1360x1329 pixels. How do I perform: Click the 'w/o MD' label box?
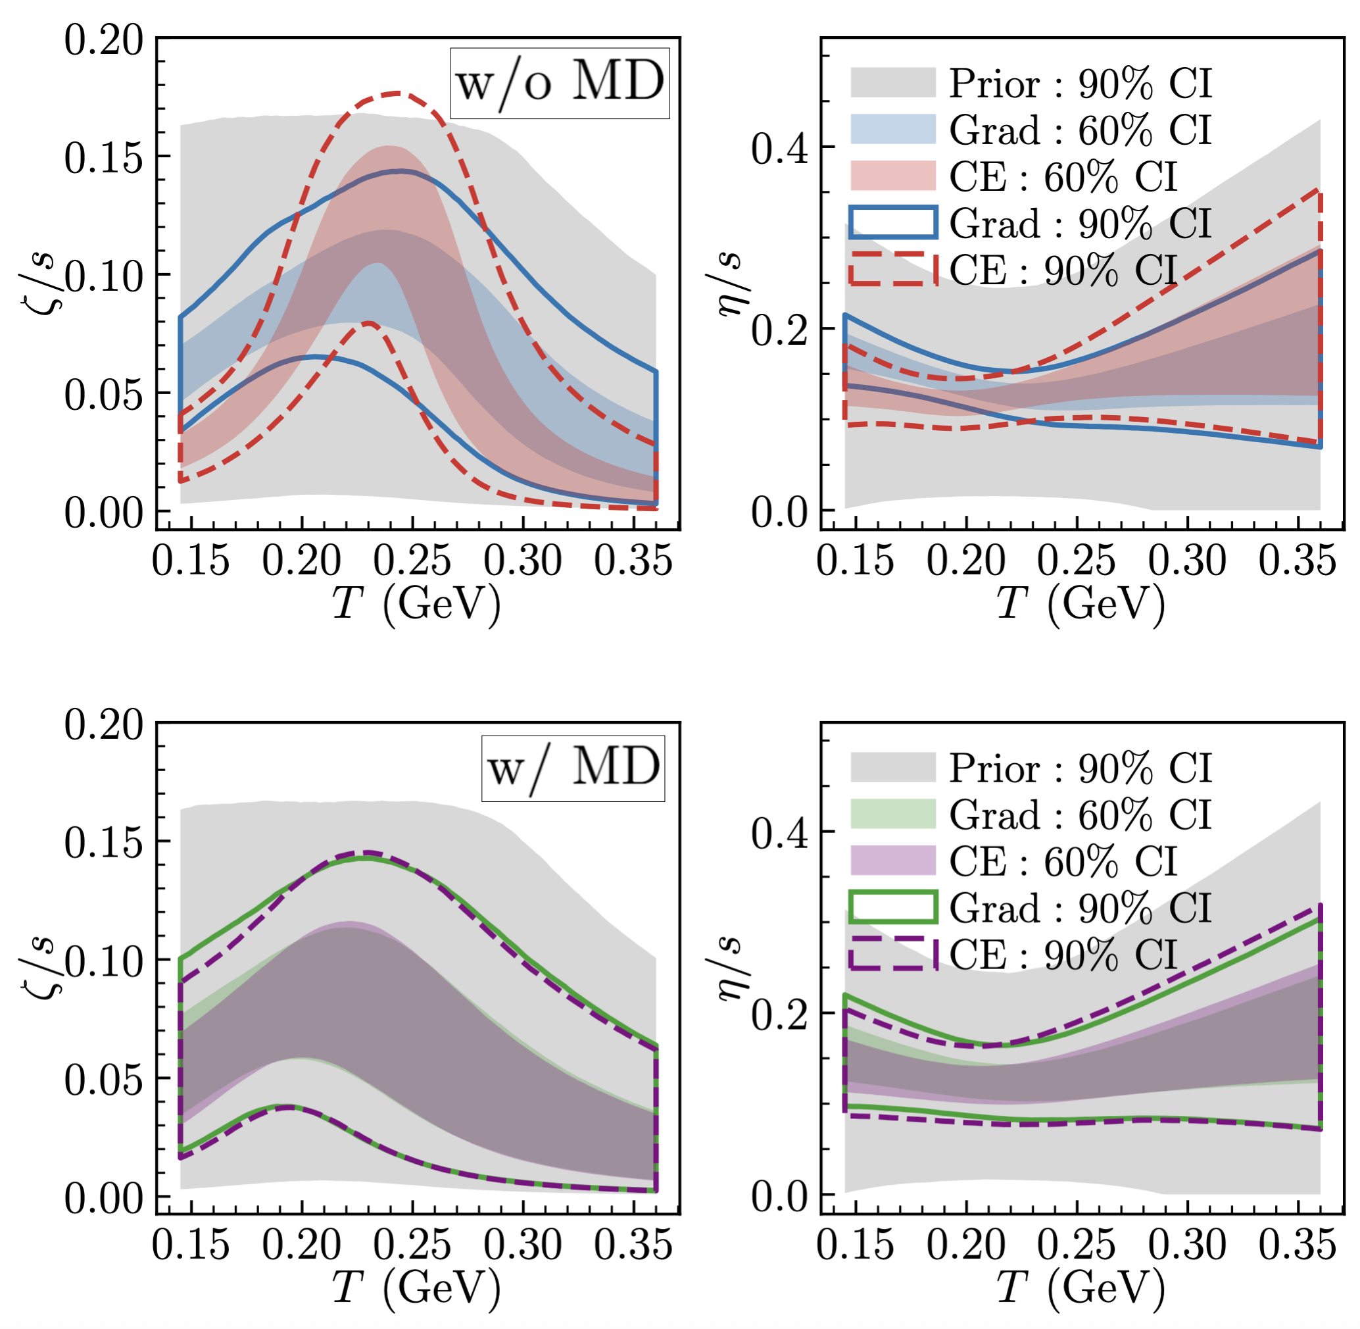[x=559, y=83]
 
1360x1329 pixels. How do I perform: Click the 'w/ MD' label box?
[x=573, y=768]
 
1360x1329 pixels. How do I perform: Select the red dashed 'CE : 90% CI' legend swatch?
[x=892, y=270]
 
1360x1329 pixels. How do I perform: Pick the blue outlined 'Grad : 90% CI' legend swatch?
[x=892, y=222]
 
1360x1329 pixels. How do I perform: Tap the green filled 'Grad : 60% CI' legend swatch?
[x=892, y=814]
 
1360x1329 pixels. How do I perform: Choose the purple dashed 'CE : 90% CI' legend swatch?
[x=892, y=954]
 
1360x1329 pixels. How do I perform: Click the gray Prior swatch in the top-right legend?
[x=892, y=82]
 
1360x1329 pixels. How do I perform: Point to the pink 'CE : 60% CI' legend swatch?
[x=892, y=176]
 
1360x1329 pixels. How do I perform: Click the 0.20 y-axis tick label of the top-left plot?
[x=103, y=41]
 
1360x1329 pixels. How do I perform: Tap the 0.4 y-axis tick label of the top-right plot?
[x=779, y=148]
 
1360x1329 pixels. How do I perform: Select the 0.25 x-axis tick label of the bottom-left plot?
[x=412, y=1244]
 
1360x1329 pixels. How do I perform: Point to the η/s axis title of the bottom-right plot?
[x=731, y=967]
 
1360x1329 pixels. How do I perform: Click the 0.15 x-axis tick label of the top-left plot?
[x=191, y=560]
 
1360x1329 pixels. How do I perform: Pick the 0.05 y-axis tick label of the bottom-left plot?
[x=103, y=1080]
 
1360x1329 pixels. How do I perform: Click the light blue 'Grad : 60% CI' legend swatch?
[x=892, y=129]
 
